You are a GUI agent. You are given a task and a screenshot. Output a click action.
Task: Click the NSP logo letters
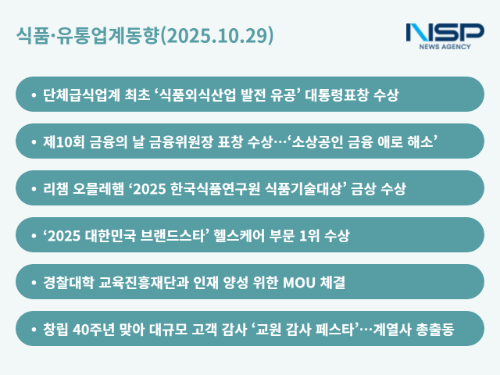[445, 32]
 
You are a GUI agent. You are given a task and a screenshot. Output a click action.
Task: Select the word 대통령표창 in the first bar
[334, 95]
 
